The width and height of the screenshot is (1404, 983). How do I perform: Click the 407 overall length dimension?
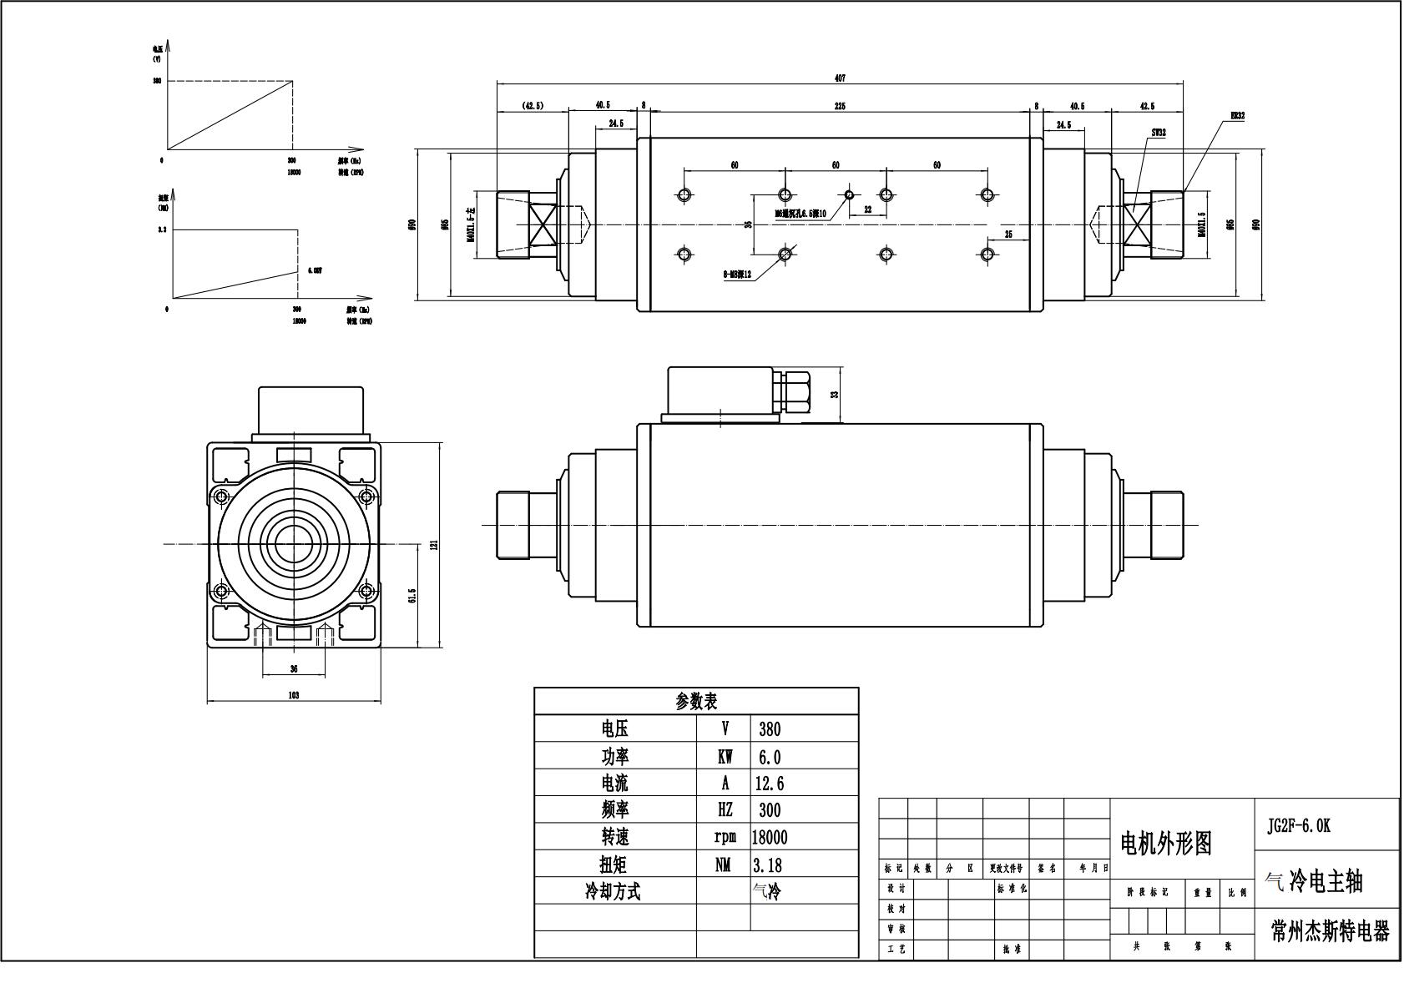pos(840,78)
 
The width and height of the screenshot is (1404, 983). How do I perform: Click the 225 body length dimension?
pos(840,106)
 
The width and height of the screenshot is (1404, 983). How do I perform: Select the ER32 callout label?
pos(1237,116)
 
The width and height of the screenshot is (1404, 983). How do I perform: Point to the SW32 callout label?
pos(1158,133)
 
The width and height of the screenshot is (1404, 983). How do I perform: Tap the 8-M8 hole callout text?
pos(737,274)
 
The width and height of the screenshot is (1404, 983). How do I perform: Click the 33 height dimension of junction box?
pos(834,395)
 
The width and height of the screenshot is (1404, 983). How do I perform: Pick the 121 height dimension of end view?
pos(434,545)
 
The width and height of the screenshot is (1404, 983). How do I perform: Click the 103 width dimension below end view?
pos(294,695)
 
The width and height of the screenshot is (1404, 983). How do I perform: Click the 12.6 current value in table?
pos(769,784)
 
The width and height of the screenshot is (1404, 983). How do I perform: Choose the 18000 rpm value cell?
pos(769,837)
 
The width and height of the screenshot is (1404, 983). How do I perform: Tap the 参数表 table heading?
pos(696,702)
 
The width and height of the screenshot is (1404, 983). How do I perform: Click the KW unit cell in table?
pos(725,757)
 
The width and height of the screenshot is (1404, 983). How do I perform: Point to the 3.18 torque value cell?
pos(768,865)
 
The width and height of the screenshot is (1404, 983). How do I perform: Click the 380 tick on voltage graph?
pos(157,81)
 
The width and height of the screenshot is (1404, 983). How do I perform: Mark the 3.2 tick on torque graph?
pos(162,229)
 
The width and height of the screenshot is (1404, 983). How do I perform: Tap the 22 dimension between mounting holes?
pos(867,210)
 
